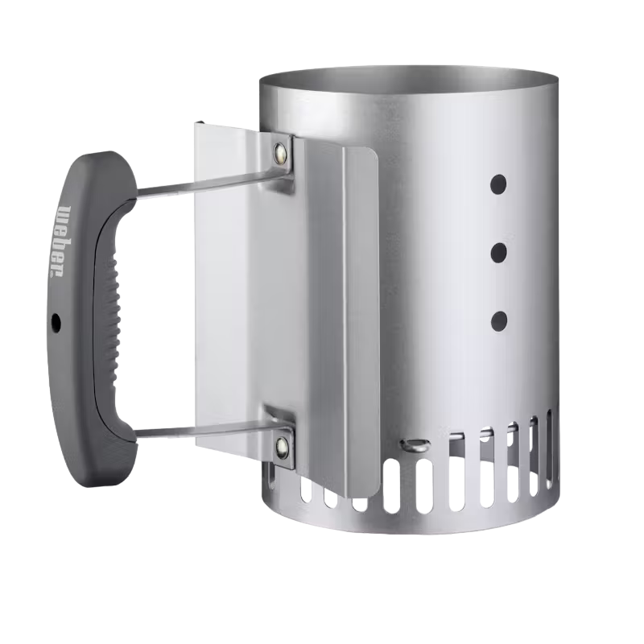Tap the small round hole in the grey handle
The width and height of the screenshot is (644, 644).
pos(56,323)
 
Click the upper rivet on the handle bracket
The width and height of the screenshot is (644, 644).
pos(281,151)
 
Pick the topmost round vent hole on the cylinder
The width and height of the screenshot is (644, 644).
pos(499,184)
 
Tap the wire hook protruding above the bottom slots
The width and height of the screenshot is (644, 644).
pos(412,444)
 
